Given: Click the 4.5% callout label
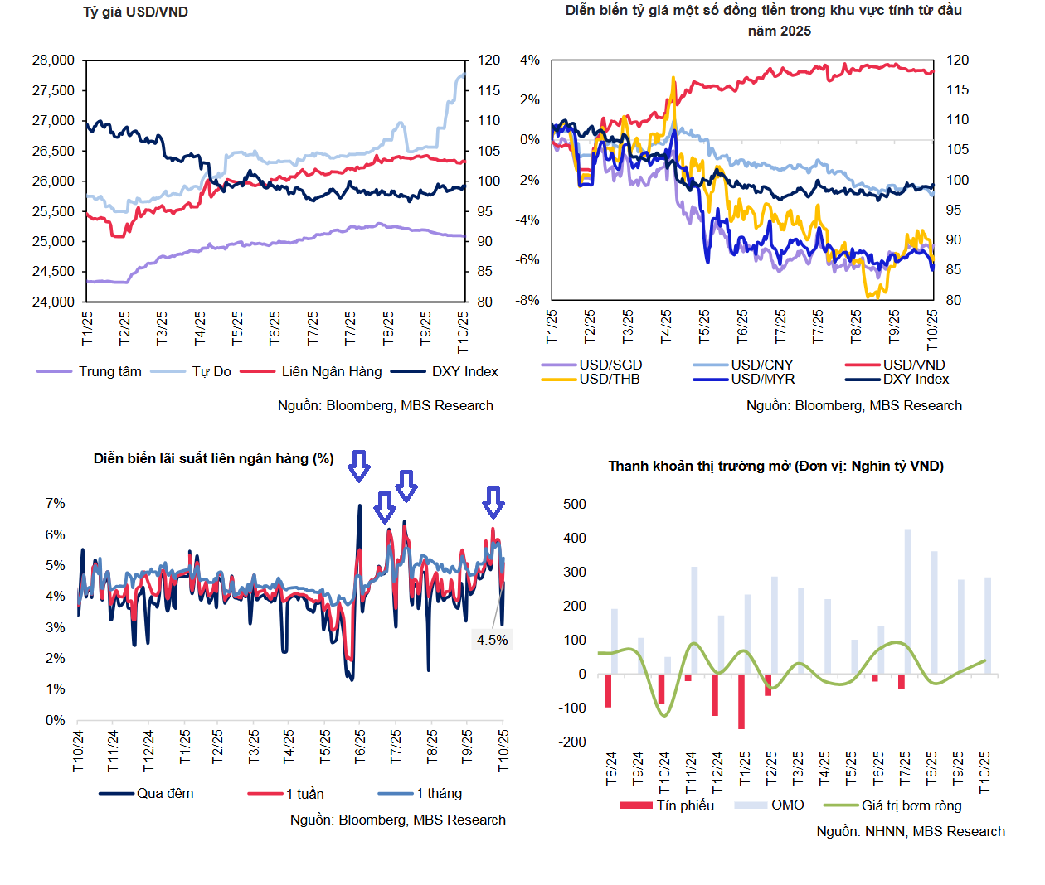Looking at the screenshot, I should click(x=492, y=640).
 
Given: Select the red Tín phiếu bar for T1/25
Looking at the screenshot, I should click(x=741, y=701).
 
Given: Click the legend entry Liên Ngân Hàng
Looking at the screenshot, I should click(x=331, y=371).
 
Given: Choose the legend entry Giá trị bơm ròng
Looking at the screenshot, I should click(x=911, y=805).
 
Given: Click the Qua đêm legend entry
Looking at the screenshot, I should click(x=164, y=793).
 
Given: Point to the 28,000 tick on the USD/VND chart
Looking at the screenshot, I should click(x=53, y=60).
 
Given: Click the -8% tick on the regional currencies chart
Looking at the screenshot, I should click(x=528, y=300).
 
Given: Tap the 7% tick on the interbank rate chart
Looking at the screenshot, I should click(x=55, y=503).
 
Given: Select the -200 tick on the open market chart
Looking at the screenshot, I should click(x=572, y=742).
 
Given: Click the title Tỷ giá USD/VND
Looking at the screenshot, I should click(x=135, y=12).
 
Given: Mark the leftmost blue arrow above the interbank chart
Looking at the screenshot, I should click(x=358, y=466).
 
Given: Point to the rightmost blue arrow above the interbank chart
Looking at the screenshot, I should click(x=493, y=502).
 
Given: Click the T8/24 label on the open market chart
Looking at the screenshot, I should click(x=612, y=768).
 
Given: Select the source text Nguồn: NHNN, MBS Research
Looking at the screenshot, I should click(x=910, y=831).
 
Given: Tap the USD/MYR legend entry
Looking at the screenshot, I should click(x=762, y=379).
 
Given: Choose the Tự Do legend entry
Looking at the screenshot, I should click(x=211, y=371).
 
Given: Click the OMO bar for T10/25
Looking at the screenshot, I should click(x=988, y=626).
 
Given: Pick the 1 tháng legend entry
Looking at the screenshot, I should click(x=439, y=793).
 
